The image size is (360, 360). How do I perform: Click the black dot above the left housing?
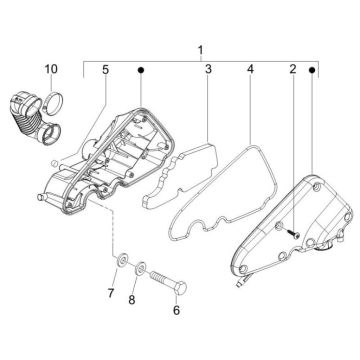[141, 72]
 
